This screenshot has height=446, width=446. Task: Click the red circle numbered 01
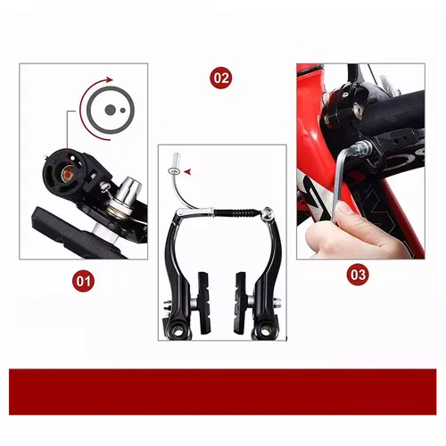click(x=83, y=282)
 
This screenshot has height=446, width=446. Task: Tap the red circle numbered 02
click(x=221, y=78)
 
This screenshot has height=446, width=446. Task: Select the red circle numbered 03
click(x=358, y=274)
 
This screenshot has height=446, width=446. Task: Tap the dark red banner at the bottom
click(x=223, y=390)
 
